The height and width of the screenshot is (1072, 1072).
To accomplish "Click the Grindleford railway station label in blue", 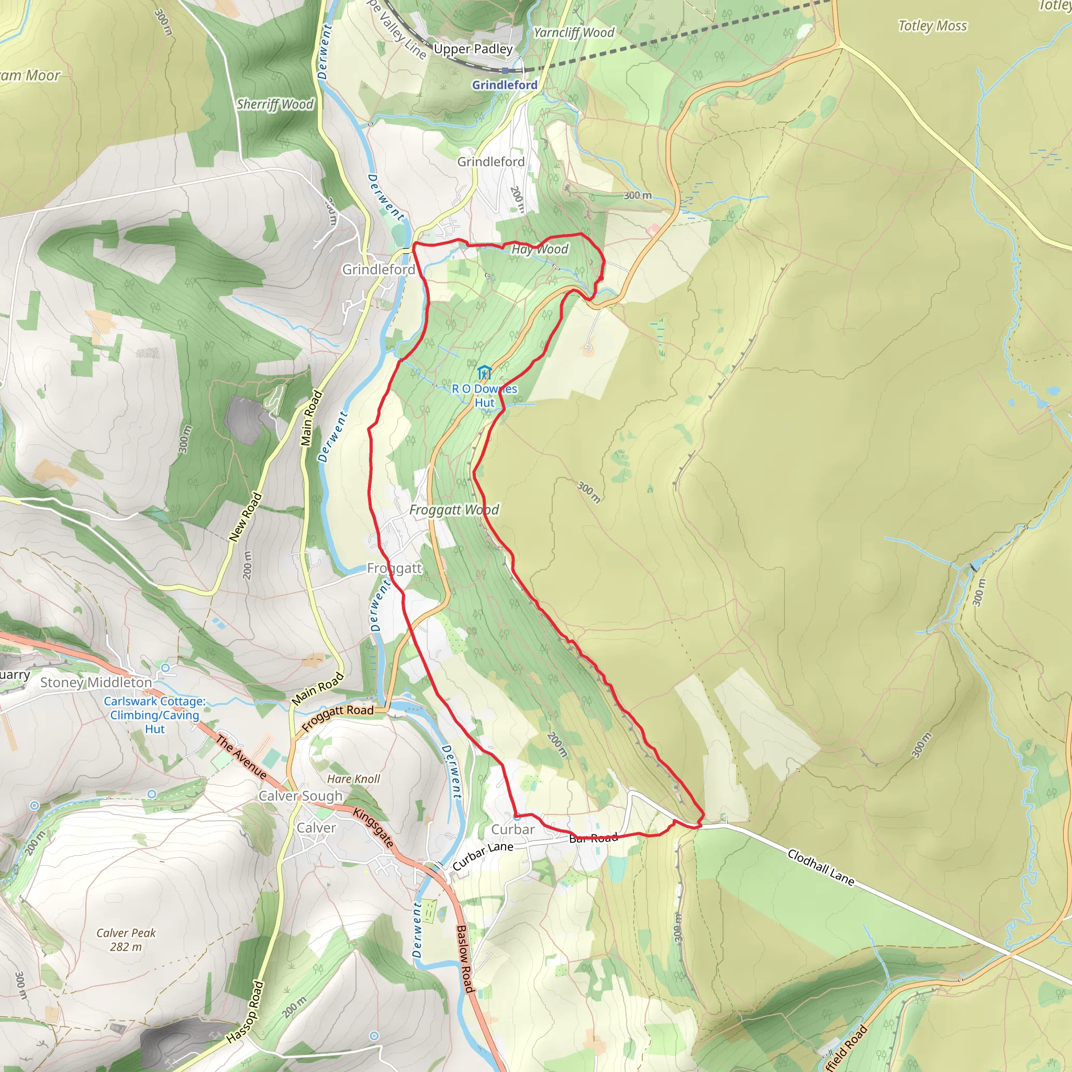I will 505,85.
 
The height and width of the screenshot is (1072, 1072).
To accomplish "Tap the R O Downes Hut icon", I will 484,372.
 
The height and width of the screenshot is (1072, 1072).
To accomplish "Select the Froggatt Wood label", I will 454,510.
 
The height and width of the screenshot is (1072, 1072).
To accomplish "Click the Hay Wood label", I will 539,249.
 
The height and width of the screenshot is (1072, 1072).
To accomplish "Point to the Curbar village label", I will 512,830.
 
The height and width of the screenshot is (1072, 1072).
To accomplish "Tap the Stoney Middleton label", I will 95,683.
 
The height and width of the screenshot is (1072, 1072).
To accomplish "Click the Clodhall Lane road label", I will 821,867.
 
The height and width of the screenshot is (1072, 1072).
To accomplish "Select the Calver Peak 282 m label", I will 126,940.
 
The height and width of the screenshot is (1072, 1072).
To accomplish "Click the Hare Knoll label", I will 353,779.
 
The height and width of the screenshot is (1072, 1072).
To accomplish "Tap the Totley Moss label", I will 932,26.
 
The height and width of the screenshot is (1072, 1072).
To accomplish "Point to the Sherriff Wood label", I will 275,104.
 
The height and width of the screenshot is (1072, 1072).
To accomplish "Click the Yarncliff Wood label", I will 574,33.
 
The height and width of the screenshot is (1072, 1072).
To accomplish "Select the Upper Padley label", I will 473,49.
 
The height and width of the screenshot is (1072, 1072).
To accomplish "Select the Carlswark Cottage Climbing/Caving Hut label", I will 154,714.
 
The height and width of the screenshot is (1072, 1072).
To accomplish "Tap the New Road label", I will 245,517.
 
